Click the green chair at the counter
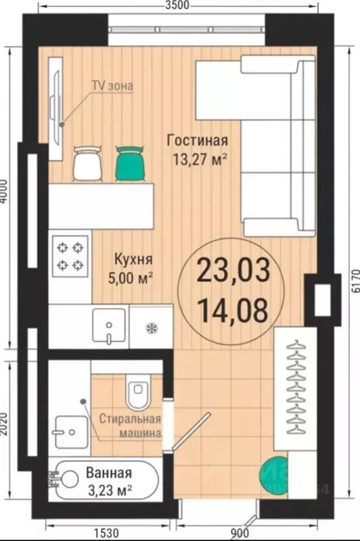pos(129,161)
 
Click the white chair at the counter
pos(87,161)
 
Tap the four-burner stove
pos(70,256)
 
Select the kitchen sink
pos(109,326)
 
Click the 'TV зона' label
pos(112,86)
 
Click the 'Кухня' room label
pos(131,259)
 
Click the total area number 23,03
pos(232,269)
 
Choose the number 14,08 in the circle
pos(232,310)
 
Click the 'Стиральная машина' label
pos(130,425)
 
